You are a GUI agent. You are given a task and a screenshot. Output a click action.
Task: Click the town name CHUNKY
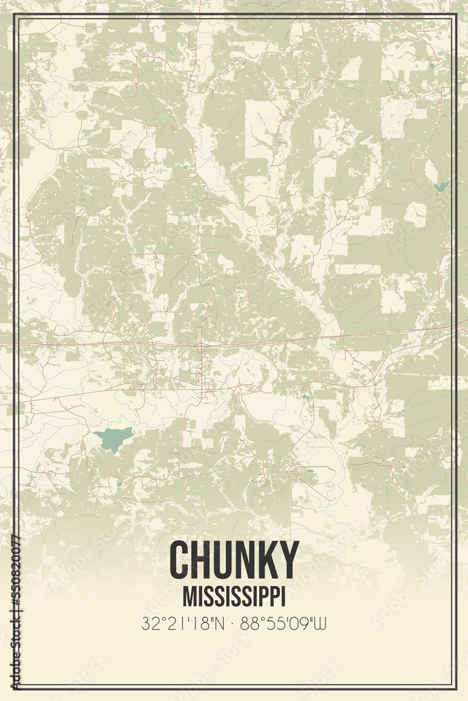(234, 559)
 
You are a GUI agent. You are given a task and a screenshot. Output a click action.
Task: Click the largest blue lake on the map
(113, 439)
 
